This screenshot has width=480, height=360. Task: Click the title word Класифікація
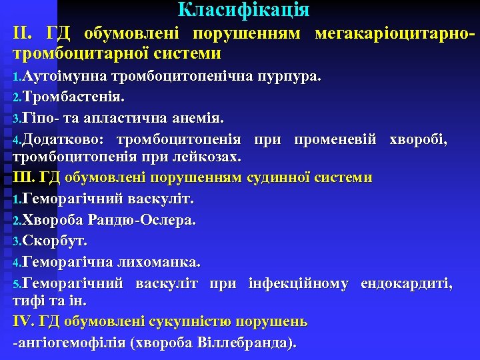point(243,10)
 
